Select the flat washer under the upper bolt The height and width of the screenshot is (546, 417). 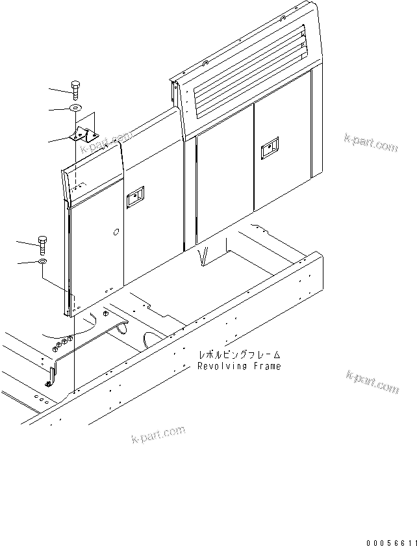pyautogui.click(x=76, y=107)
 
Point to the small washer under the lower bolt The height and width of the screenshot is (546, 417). pyautogui.click(x=43, y=261)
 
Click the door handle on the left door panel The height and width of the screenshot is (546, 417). pyautogui.click(x=135, y=198)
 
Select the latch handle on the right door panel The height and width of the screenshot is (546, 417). pyautogui.click(x=268, y=151)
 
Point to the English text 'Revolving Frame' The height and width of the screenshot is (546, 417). pyautogui.click(x=240, y=367)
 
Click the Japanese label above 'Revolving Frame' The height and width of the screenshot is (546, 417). pyautogui.click(x=240, y=355)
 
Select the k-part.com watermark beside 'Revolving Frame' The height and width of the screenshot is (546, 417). pyautogui.click(x=372, y=383)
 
